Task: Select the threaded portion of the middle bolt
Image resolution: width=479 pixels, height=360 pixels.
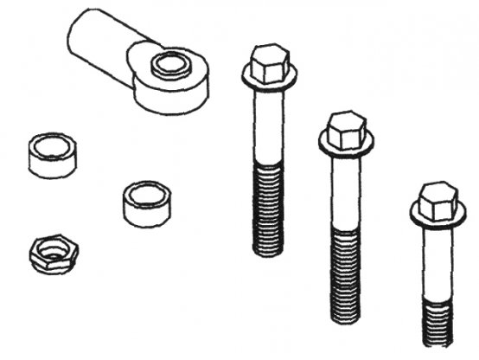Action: click(x=348, y=273)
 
